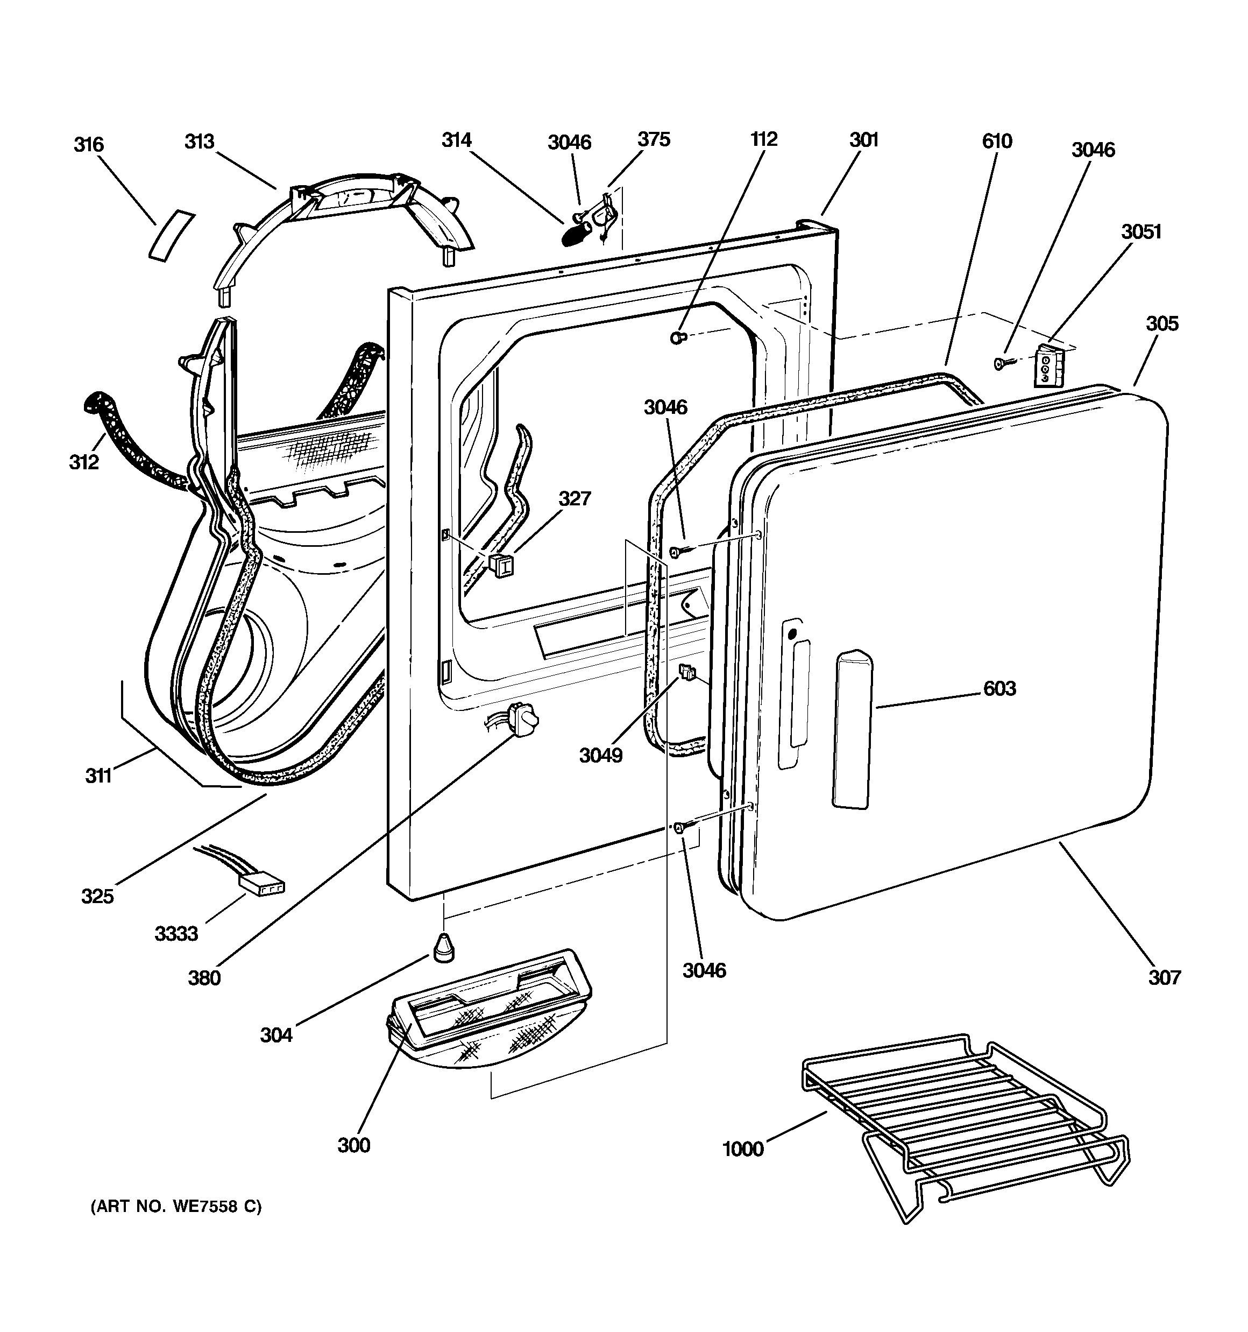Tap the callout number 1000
(x=743, y=1149)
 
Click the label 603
(x=999, y=688)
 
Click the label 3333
(x=176, y=933)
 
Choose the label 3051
(x=1141, y=232)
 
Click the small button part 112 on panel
(x=678, y=337)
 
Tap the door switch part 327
(x=501, y=564)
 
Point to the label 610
(x=997, y=142)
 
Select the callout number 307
(x=1164, y=977)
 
